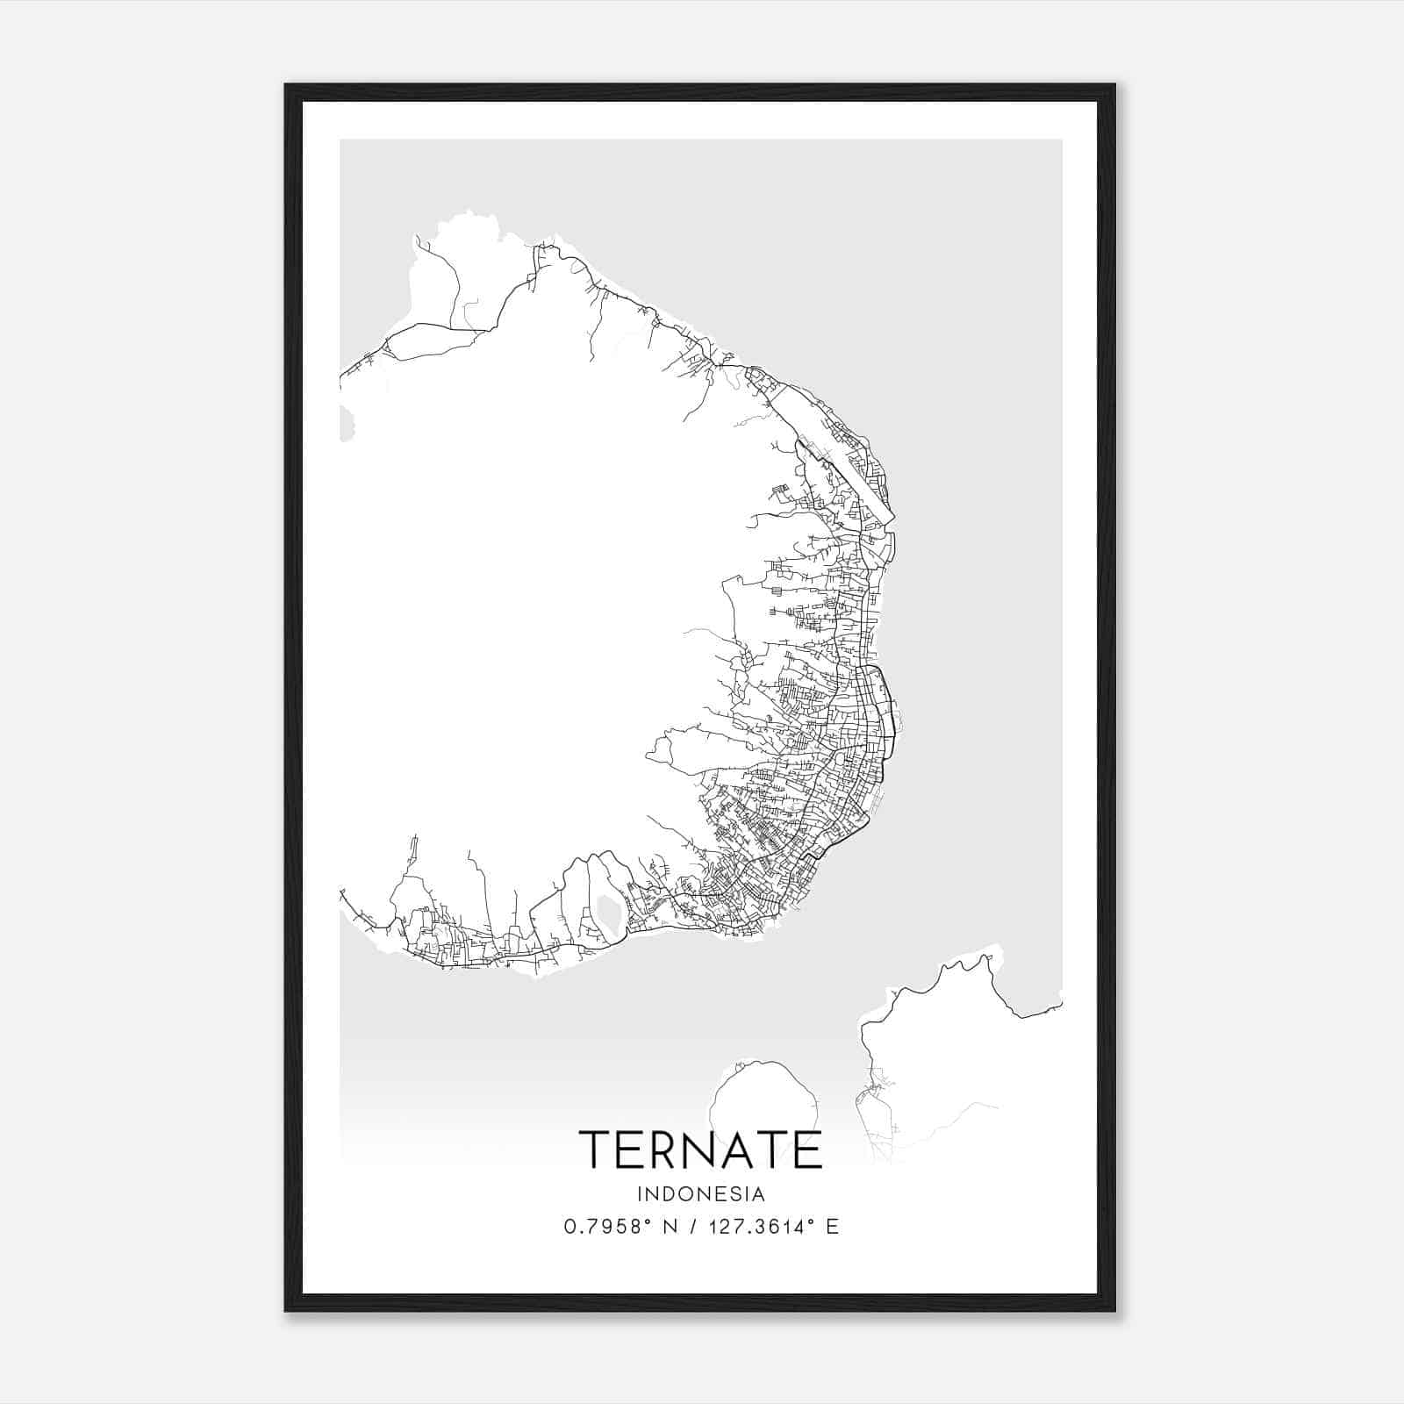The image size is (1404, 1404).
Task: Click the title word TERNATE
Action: pyautogui.click(x=700, y=1150)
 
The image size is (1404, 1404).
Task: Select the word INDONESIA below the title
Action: pyautogui.click(x=701, y=1194)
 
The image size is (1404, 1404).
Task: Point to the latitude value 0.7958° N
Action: pyautogui.click(x=620, y=1227)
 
